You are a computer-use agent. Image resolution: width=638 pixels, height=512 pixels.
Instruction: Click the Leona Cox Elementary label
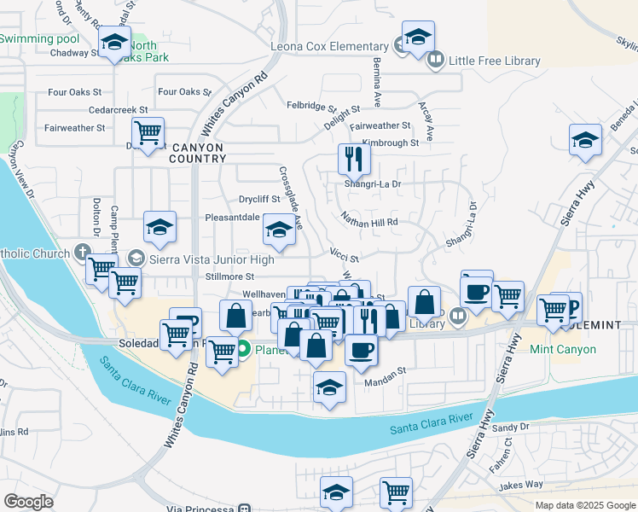pos(329,46)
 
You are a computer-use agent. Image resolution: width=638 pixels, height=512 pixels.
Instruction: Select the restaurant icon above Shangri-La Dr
pos(352,158)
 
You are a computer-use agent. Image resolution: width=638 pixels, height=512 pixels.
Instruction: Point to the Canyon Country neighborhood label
pos(197,153)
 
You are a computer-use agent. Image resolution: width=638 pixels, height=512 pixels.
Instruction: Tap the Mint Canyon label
pos(588,349)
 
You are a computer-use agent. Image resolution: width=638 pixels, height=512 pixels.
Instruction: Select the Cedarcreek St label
pos(119,110)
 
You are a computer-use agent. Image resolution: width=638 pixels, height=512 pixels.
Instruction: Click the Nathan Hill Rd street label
pos(369,222)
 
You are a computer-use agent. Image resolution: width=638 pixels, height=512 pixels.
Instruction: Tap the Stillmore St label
pos(230,276)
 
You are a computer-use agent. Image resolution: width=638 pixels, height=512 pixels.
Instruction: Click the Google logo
pos(29,502)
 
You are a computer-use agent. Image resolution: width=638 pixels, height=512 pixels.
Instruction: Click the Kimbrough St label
pos(390,143)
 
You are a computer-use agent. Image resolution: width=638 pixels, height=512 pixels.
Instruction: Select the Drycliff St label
pos(259,199)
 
